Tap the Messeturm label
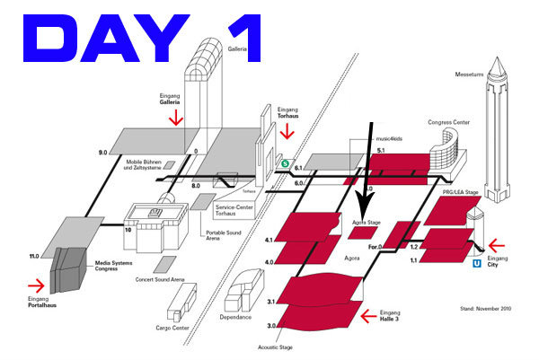[471, 75]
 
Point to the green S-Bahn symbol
[285, 163]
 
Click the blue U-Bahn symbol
[476, 264]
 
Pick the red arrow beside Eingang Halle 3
[366, 315]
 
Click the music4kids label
[393, 138]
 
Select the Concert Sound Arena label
[161, 280]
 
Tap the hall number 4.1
[269, 241]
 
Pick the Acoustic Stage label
[275, 346]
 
